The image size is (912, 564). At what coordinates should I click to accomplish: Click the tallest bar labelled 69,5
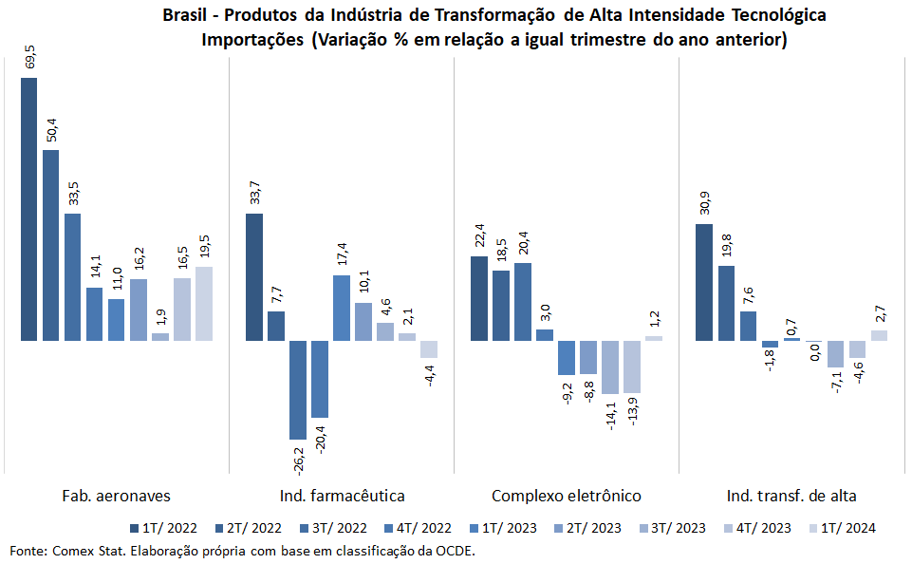pyautogui.click(x=28, y=209)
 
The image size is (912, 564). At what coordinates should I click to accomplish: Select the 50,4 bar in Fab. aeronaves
pyautogui.click(x=50, y=245)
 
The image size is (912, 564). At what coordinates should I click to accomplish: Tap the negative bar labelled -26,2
pyautogui.click(x=298, y=389)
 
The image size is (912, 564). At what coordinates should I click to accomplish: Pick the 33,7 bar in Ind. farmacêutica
pyautogui.click(x=254, y=276)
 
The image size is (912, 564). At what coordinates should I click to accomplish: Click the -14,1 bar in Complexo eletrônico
pyautogui.click(x=609, y=367)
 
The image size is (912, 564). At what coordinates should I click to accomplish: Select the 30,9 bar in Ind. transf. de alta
pyautogui.click(x=704, y=282)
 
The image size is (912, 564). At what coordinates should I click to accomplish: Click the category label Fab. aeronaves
pyautogui.click(x=116, y=496)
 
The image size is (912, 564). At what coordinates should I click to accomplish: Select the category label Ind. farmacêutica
pyautogui.click(x=342, y=496)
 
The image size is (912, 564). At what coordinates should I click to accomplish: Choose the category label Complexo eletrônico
pyautogui.click(x=567, y=496)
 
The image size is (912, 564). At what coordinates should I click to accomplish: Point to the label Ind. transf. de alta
pyautogui.click(x=791, y=496)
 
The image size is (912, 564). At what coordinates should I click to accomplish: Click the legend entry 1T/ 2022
pyautogui.click(x=168, y=528)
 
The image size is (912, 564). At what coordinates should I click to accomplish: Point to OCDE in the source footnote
pyautogui.click(x=454, y=551)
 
